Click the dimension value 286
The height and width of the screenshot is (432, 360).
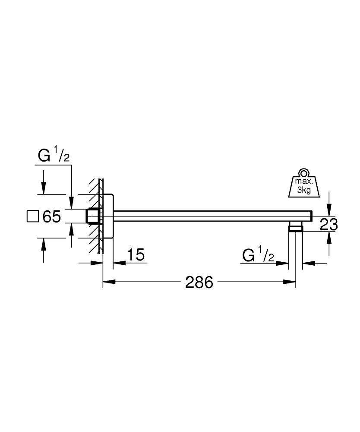pos(199,283)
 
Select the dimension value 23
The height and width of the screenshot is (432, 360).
pos(328,224)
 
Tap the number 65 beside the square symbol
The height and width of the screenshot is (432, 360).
pos(51,216)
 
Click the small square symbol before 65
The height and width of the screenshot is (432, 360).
pos(32,216)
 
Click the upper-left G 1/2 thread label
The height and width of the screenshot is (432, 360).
pos(54,156)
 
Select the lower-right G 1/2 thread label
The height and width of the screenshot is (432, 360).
pos(258,255)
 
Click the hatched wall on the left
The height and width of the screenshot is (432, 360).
pos(96,216)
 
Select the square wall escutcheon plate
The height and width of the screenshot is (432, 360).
pos(108,216)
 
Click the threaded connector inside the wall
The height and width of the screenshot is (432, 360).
pos(92,216)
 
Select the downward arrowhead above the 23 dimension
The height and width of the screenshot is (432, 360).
pos(329,211)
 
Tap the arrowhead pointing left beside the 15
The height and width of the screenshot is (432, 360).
pos(117,263)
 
